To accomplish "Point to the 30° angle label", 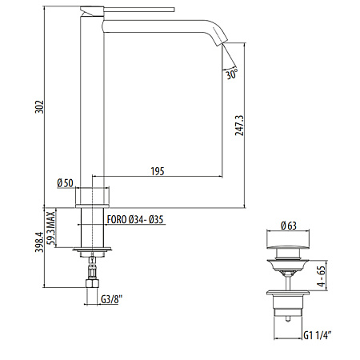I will (x=231, y=74).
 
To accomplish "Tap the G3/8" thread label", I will (x=113, y=300).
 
